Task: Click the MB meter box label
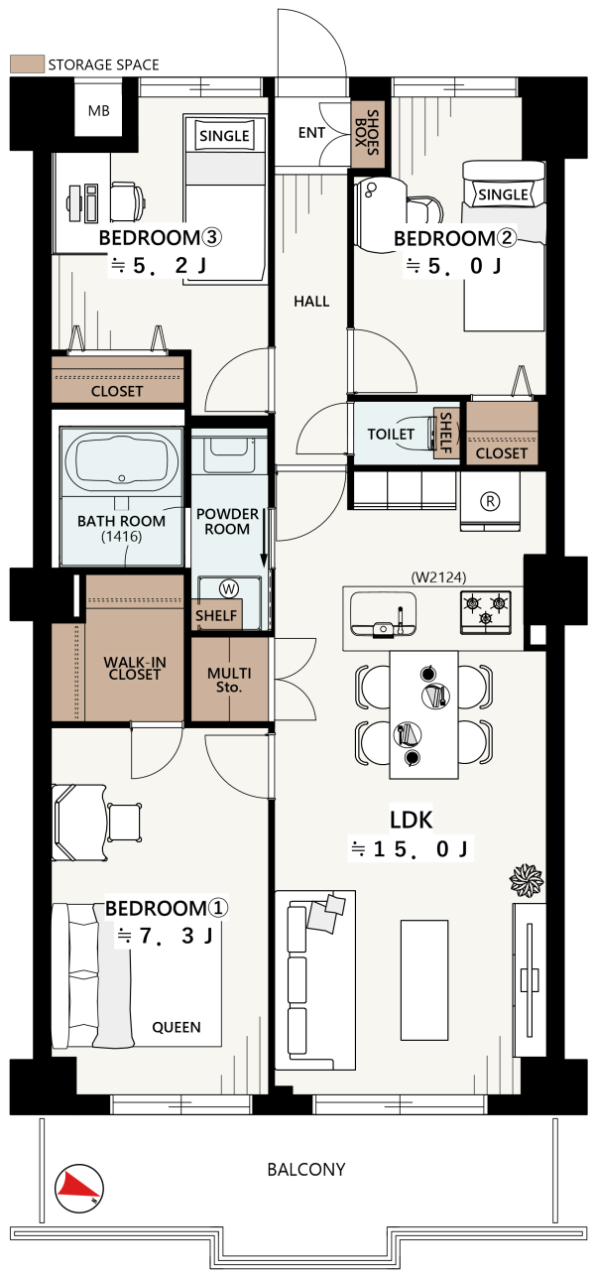point(98,111)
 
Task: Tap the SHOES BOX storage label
point(367,133)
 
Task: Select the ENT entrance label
point(311,133)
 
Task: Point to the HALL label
point(311,301)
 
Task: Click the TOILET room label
point(391,435)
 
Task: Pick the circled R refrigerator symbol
point(490,501)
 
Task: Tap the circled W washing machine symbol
point(229,588)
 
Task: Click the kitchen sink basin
point(383,612)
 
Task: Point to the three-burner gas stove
point(485,612)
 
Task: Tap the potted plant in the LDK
point(527,880)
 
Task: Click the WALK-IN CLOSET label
point(135,668)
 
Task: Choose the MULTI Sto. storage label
point(229,681)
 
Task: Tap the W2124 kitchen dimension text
point(438,577)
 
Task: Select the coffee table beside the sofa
point(424,979)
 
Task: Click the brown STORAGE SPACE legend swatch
point(28,64)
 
